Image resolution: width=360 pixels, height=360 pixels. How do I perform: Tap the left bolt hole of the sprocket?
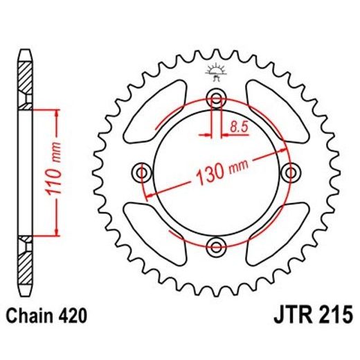coord(143,171)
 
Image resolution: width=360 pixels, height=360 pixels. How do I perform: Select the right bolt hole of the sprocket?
coord(290,171)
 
